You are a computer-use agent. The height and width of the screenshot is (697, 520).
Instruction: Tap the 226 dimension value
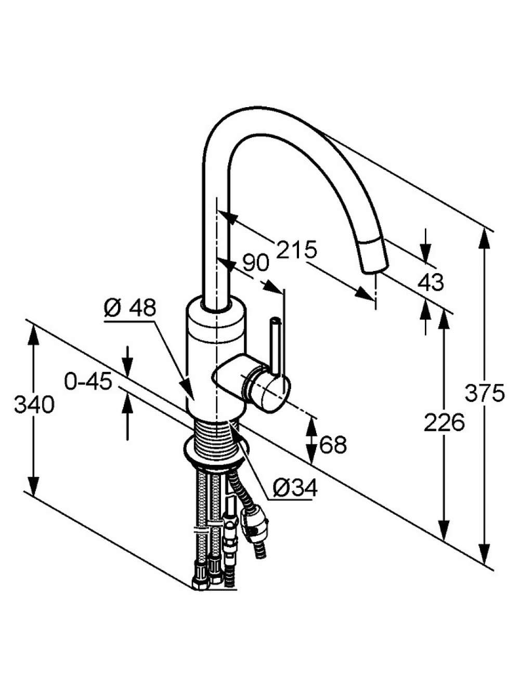point(444,422)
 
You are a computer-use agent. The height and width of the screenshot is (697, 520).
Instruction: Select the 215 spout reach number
point(296,250)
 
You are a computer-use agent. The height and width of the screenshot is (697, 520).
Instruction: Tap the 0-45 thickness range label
point(88,381)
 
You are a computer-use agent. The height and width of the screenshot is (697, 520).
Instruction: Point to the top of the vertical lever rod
point(276,319)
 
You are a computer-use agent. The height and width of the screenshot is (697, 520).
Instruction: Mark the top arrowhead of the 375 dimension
point(484,240)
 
